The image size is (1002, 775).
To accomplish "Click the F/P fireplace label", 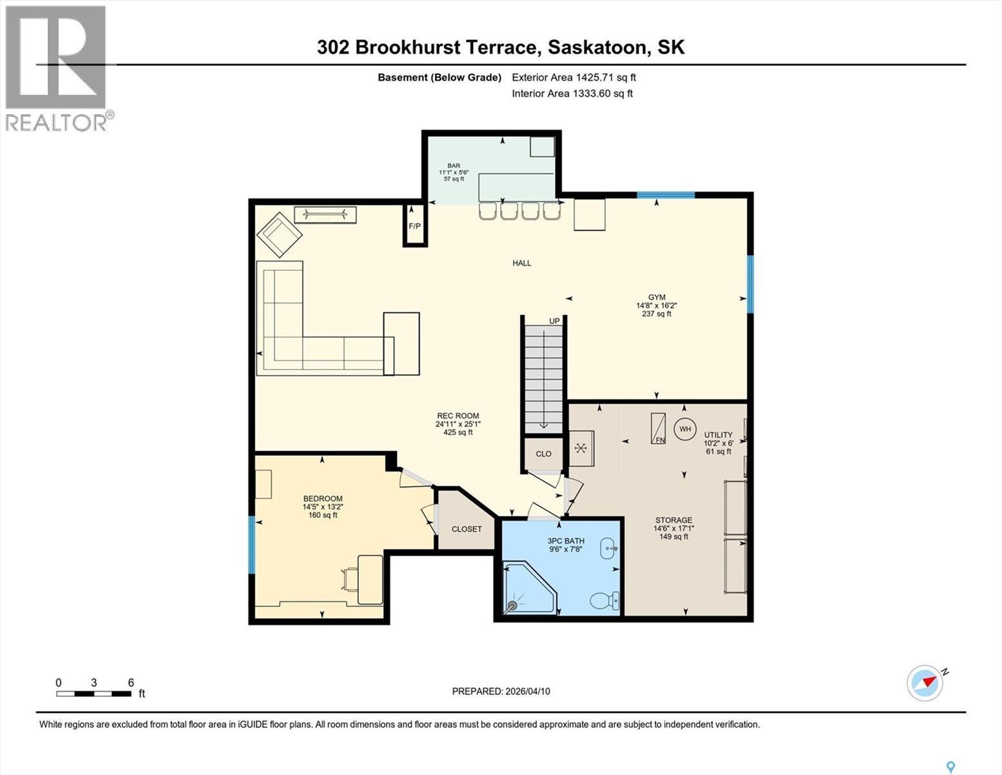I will click(x=414, y=226).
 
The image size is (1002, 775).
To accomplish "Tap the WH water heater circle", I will click(x=685, y=429).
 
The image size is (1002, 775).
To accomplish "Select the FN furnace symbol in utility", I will click(x=658, y=428).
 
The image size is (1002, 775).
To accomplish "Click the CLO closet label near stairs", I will click(x=543, y=454).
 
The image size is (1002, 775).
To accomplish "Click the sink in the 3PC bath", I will click(x=609, y=548).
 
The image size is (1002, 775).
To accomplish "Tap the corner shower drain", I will click(x=514, y=606).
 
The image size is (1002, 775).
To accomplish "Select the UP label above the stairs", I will click(x=554, y=321).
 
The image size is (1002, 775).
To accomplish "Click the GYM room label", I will click(x=657, y=297).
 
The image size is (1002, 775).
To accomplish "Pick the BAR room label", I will click(x=454, y=165).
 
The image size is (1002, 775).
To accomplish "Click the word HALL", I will click(x=522, y=263).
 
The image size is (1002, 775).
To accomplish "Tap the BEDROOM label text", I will click(x=323, y=499).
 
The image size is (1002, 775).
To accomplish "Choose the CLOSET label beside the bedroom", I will click(x=466, y=529).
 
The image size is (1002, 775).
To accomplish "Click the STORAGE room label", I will click(x=674, y=520).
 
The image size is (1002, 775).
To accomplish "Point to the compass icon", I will click(x=925, y=683).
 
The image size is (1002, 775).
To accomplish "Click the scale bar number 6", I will click(x=131, y=683).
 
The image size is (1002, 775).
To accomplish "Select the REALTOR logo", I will click(x=56, y=68).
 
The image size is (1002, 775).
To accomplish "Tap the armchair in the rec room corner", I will click(x=279, y=233).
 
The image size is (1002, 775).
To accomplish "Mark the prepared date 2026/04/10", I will click(x=527, y=691).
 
